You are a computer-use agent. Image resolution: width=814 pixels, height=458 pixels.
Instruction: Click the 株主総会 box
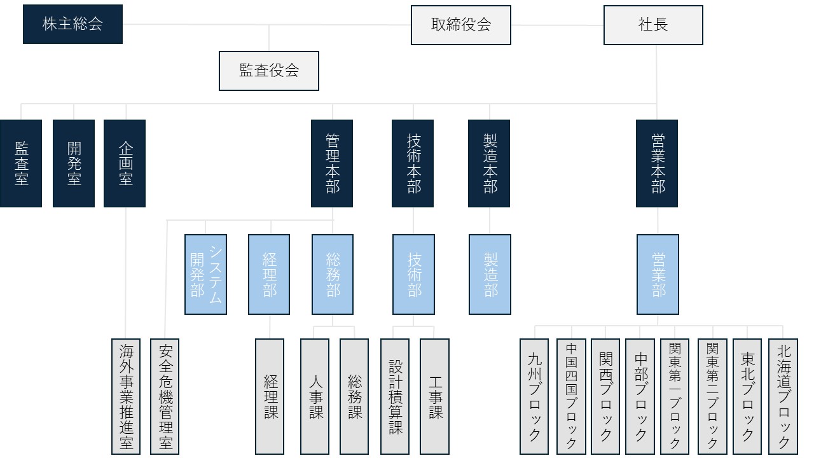tap(72, 25)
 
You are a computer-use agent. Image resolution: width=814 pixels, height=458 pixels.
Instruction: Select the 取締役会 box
tap(461, 25)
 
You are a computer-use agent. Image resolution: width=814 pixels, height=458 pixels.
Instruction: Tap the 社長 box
tap(653, 25)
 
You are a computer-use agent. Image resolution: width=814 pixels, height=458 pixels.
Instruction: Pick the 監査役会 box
tap(269, 71)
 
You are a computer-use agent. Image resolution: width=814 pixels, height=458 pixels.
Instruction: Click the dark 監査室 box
tap(21, 163)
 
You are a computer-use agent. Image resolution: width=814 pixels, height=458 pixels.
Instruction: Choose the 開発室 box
tap(74, 163)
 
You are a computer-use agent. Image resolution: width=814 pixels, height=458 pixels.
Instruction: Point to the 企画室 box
tap(125, 163)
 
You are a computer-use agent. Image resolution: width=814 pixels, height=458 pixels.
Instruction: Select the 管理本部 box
tap(332, 163)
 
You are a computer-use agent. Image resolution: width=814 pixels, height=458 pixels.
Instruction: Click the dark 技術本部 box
tap(413, 163)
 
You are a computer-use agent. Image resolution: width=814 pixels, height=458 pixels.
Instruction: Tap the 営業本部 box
tap(657, 163)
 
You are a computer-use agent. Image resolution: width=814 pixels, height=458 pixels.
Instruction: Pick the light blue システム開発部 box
tap(206, 274)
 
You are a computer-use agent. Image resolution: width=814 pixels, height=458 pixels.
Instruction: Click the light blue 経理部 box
tap(269, 274)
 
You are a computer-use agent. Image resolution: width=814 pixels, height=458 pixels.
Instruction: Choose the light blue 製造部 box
tap(490, 274)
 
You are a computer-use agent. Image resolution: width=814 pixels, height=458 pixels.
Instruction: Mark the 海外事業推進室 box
tap(125, 396)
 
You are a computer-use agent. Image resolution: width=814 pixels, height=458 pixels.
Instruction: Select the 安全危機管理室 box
tap(165, 396)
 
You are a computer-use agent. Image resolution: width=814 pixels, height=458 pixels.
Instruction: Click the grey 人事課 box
tap(315, 396)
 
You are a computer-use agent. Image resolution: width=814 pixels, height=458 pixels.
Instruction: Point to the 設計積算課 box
tap(395, 396)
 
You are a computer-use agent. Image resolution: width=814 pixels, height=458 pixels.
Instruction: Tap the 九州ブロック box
tap(534, 396)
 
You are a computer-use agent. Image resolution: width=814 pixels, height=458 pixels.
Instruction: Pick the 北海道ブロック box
tap(783, 396)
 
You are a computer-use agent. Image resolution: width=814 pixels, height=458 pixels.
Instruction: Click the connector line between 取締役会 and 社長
tap(557, 25)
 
